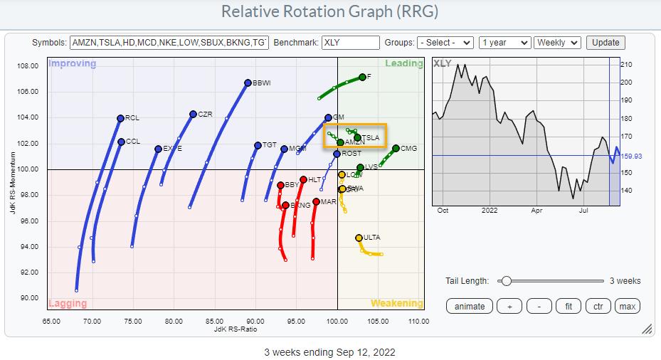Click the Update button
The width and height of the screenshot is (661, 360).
click(x=606, y=43)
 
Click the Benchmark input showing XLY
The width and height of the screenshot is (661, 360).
click(x=350, y=43)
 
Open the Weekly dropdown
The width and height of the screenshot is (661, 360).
click(x=557, y=43)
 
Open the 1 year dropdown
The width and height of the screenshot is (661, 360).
click(x=504, y=43)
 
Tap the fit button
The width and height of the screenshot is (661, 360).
click(x=569, y=306)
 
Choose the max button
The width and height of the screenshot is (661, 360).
click(x=627, y=306)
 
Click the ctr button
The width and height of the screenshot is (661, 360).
click(x=598, y=306)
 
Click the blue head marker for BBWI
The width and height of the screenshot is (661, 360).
click(x=248, y=83)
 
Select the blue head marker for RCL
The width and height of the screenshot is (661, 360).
click(x=120, y=118)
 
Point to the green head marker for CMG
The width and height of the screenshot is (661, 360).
click(x=396, y=149)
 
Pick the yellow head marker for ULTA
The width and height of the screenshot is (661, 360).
click(x=359, y=238)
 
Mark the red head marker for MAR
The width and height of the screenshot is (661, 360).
click(x=317, y=202)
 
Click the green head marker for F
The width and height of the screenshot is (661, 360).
click(x=362, y=77)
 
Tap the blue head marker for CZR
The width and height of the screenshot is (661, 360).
click(x=193, y=114)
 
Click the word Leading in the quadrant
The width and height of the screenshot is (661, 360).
click(x=403, y=63)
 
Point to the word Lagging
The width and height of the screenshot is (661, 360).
click(x=68, y=303)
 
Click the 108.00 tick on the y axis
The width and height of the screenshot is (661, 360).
click(x=28, y=66)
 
